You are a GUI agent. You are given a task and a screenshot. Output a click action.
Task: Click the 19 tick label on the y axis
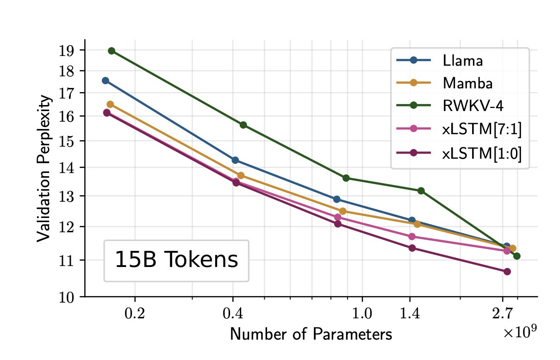[67, 50]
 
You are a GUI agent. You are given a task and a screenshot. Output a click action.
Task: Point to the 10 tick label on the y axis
[67, 297]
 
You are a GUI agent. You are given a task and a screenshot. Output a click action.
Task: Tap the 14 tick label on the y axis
[67, 168]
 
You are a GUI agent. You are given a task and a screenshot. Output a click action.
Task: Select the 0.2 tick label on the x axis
[135, 314]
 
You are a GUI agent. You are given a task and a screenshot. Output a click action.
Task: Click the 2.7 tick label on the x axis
[502, 314]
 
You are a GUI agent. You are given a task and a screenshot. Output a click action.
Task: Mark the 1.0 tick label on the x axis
[362, 314]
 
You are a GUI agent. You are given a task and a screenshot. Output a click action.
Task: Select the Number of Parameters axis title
[311, 334]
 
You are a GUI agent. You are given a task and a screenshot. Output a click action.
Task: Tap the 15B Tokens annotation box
[176, 260]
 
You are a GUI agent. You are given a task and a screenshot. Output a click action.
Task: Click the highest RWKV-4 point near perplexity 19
[112, 51]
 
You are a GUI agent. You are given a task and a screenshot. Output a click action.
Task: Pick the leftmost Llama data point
[106, 81]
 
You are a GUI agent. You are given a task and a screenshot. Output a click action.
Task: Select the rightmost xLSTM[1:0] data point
[507, 272]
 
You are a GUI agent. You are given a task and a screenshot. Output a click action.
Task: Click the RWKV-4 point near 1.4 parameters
[421, 191]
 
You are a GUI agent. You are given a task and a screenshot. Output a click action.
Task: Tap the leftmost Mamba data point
[110, 105]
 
